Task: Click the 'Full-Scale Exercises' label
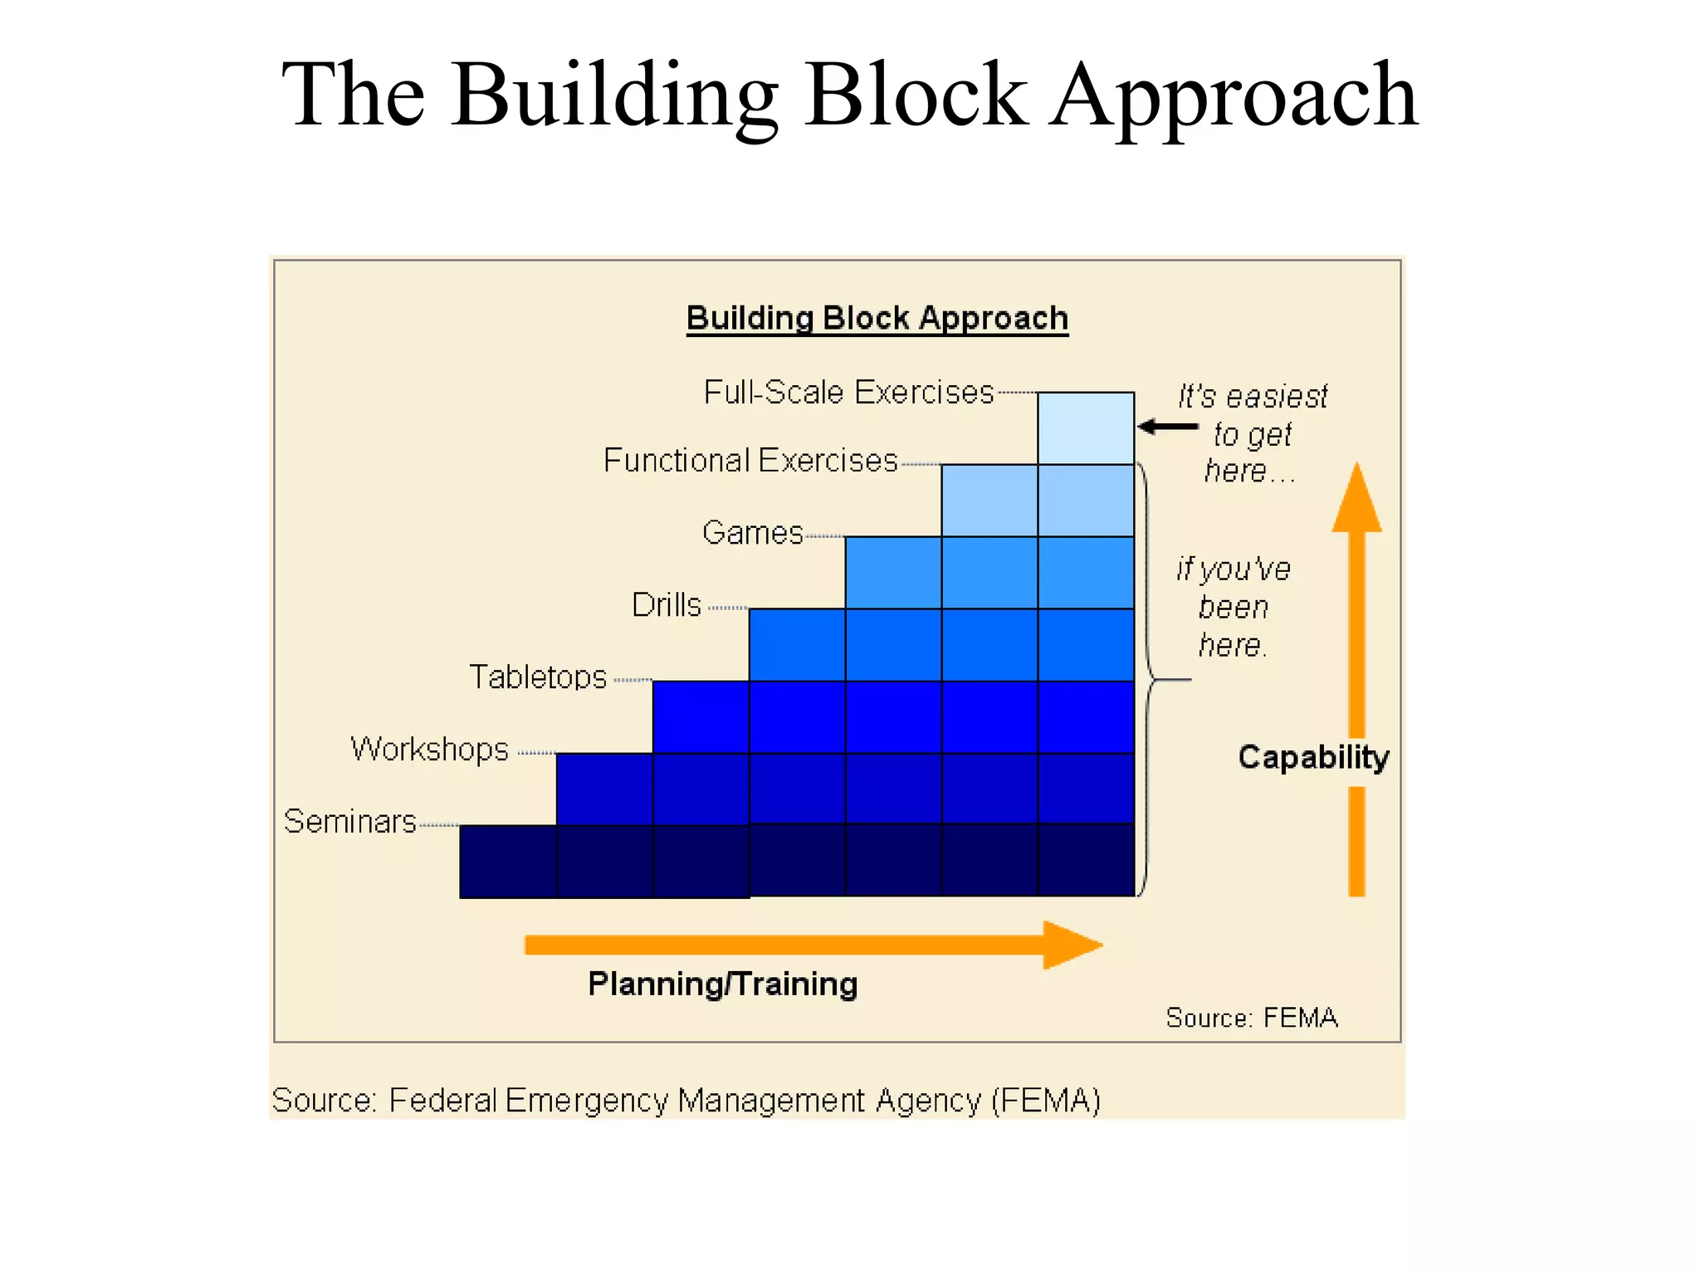848,392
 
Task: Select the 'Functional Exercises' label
750,460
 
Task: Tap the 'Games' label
752,532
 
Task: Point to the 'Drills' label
667,604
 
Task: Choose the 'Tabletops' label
538,677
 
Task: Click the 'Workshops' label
429,749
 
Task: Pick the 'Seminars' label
349,821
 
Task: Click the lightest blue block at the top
1086,428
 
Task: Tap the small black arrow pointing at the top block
1167,427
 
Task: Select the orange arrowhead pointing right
1071,945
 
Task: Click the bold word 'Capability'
1313,757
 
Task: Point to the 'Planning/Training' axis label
722,984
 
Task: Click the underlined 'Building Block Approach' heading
877,319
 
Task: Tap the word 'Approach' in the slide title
1234,95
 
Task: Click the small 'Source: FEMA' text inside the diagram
1252,1018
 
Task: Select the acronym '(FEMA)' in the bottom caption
1046,1101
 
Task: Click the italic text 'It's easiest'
1253,397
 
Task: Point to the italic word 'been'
1233,608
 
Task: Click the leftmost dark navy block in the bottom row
508,862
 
